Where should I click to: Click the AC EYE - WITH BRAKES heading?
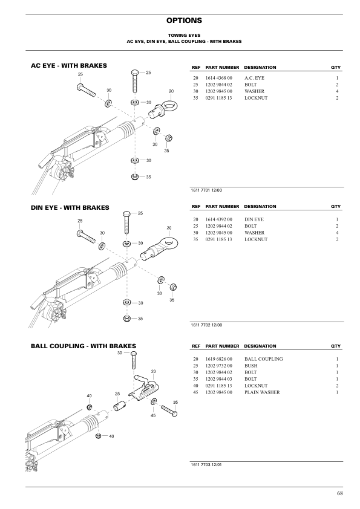point(68,65)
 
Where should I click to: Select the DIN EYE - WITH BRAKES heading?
point(70,207)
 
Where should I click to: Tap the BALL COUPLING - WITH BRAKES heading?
point(83,346)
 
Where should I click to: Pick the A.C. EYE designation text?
point(254,79)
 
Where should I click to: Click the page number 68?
point(340,494)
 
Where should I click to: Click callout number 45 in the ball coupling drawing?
point(153,415)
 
